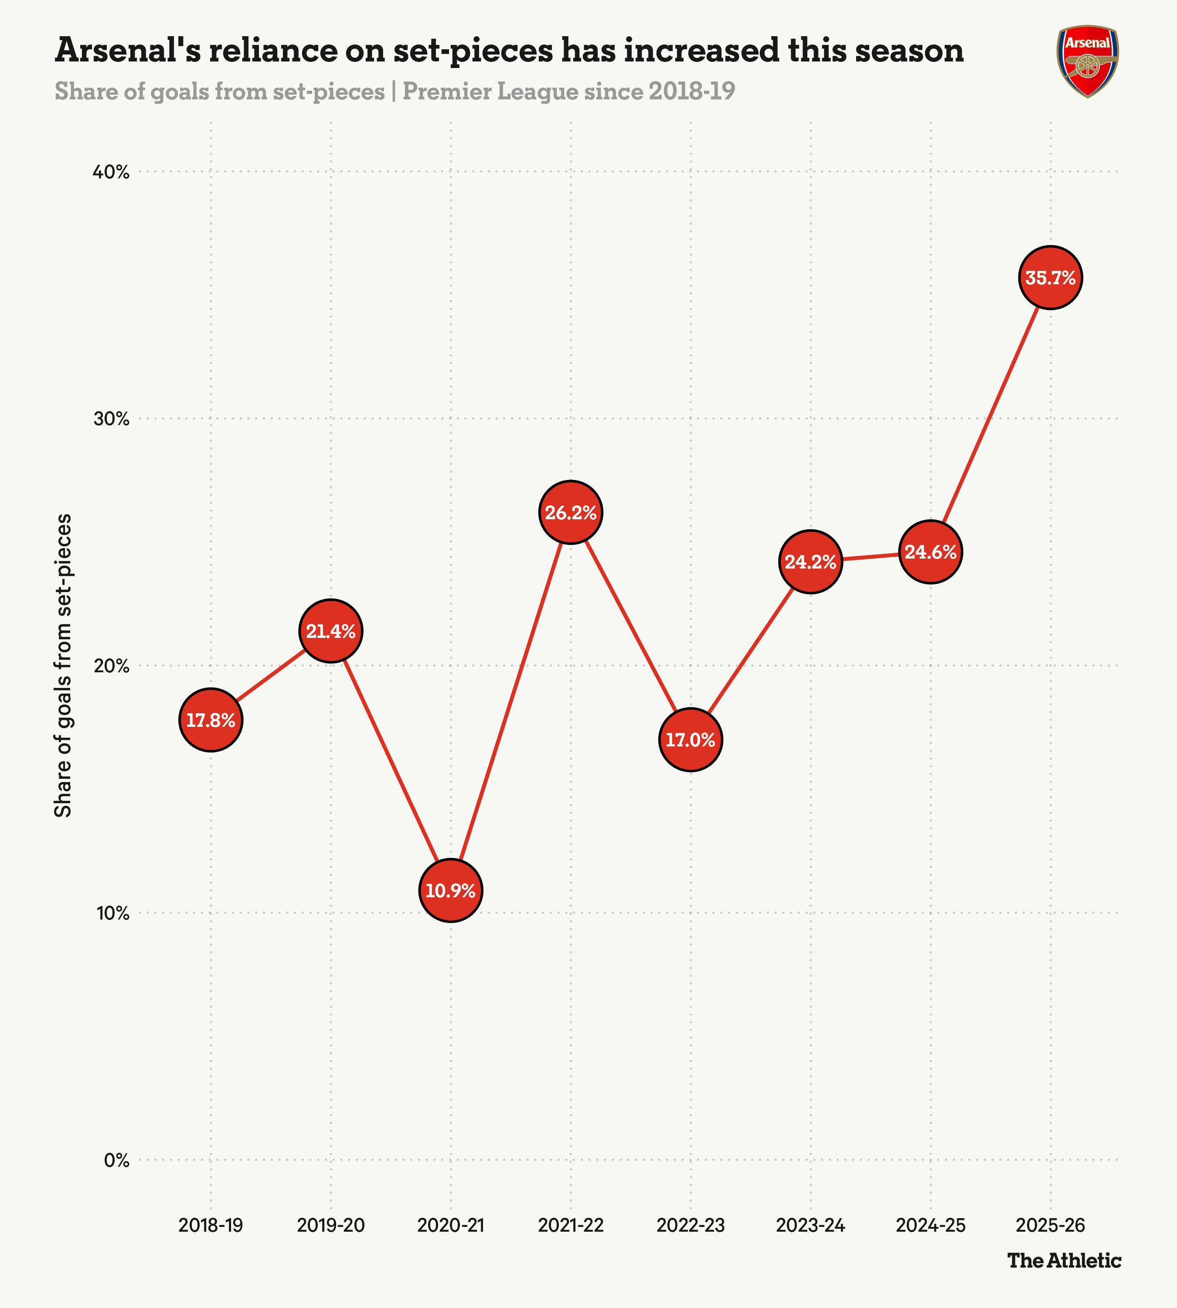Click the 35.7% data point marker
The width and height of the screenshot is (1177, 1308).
point(1050,277)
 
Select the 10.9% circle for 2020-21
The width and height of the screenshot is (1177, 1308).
point(451,890)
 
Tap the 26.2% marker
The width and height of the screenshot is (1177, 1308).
point(570,512)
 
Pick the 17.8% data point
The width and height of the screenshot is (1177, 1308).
point(211,720)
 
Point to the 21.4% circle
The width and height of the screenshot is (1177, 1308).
point(330,631)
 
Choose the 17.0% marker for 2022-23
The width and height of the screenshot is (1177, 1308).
point(691,739)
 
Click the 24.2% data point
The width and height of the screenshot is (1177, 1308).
point(810,562)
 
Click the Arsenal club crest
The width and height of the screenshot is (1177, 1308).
point(1088,61)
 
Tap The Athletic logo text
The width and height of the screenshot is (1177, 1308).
point(1065,1260)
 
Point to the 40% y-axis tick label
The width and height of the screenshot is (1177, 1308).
point(112,172)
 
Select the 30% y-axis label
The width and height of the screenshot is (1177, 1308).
point(112,419)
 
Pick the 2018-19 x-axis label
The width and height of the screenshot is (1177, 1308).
point(211,1225)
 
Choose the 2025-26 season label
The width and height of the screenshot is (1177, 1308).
point(1050,1225)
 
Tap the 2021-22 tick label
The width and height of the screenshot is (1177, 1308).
point(570,1225)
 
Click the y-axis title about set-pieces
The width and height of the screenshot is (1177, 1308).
point(63,666)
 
